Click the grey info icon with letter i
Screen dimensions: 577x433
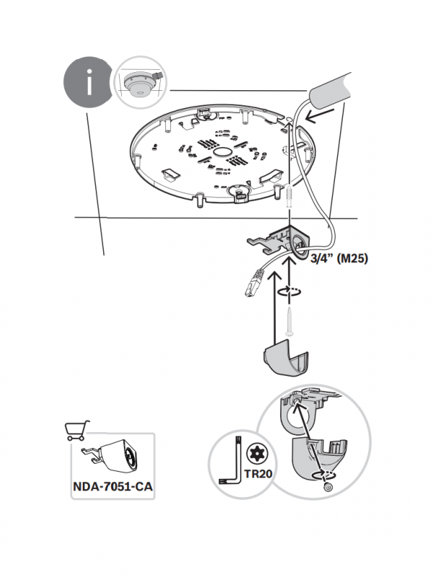[89, 83]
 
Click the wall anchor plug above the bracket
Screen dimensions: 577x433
[289, 197]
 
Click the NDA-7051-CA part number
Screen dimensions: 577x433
[112, 487]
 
